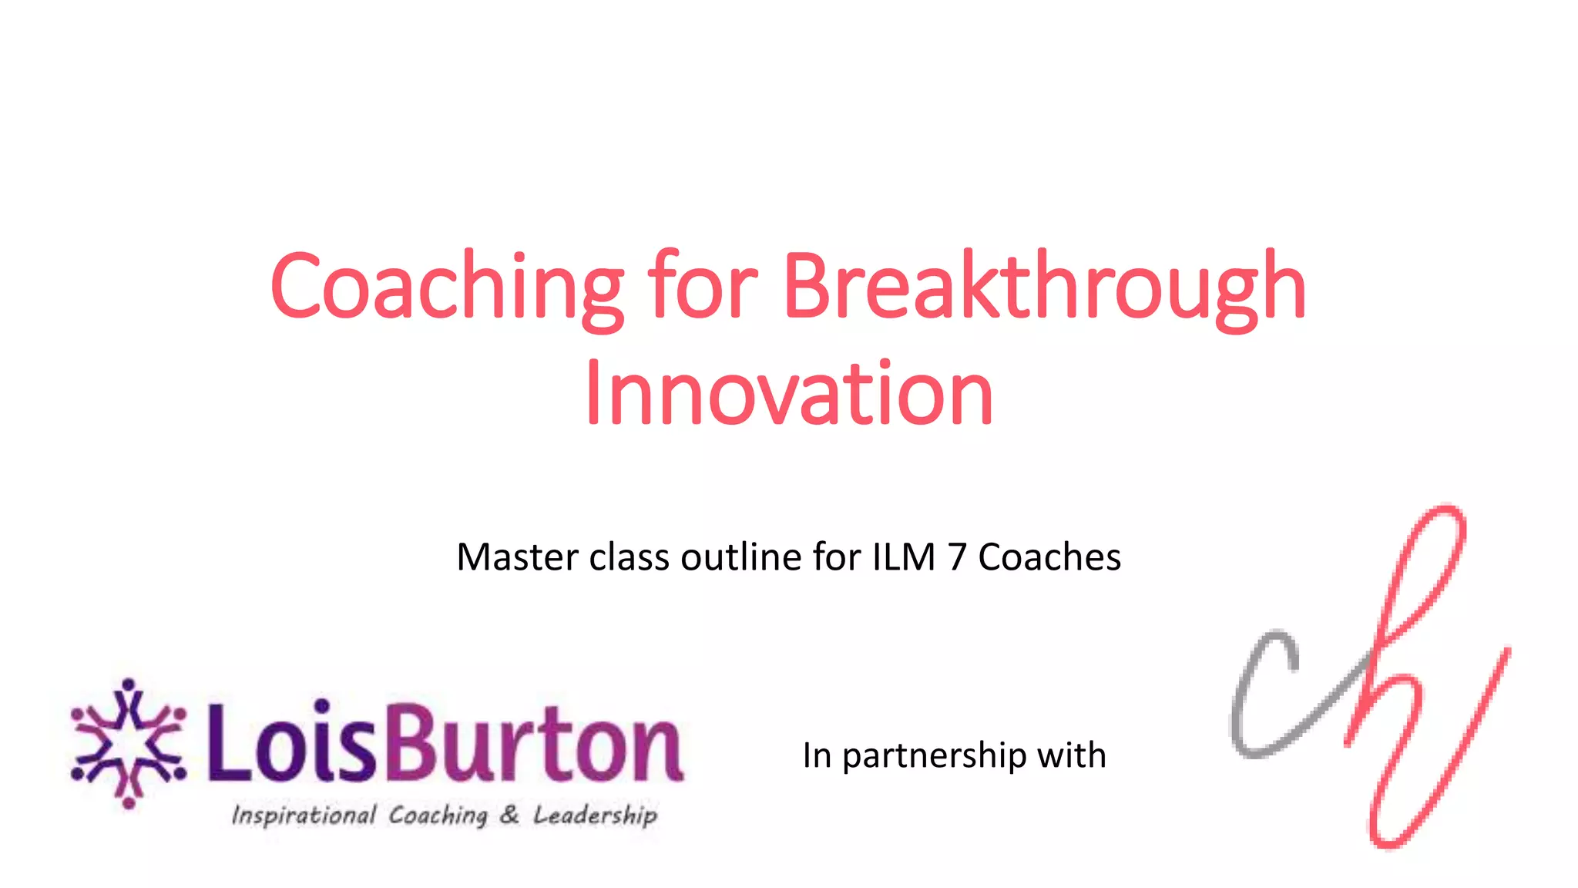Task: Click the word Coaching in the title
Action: (447, 287)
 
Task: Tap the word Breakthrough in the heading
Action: (1044, 287)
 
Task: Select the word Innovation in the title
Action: (789, 395)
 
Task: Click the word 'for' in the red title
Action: (703, 287)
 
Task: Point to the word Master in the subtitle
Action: (517, 557)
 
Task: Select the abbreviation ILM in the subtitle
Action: (904, 557)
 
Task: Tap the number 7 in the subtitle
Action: (957, 557)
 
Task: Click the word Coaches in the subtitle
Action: (1049, 557)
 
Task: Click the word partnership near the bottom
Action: (934, 756)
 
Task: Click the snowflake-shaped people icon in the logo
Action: (129, 743)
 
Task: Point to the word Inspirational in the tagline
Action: (304, 815)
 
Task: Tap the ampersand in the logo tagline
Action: (509, 814)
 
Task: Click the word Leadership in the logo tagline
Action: (596, 815)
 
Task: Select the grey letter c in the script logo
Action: (1264, 694)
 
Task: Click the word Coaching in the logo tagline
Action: (438, 816)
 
